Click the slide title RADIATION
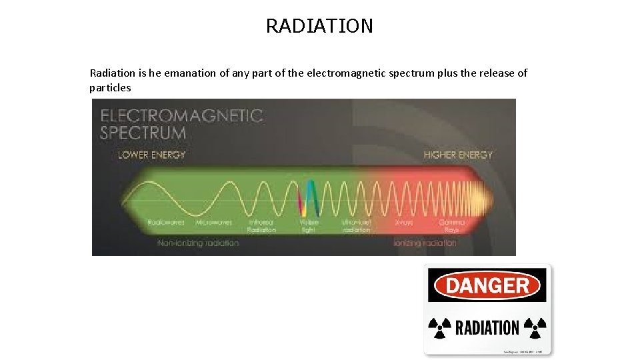click(319, 26)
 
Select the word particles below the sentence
click(110, 88)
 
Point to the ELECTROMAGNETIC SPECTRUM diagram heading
click(181, 123)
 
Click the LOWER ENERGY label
click(151, 155)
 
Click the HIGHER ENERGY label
click(458, 155)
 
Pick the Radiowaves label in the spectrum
click(166, 222)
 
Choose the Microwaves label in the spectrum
click(213, 222)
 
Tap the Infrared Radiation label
click(262, 225)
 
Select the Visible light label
click(309, 225)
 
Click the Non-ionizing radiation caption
click(198, 243)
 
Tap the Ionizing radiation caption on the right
click(425, 243)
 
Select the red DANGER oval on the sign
click(487, 286)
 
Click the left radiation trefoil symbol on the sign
click(440, 327)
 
